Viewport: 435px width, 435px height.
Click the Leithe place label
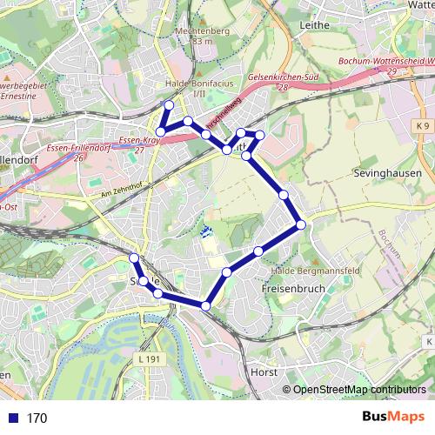314,25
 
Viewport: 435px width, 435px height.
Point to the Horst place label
263,371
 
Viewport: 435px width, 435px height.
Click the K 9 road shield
423,127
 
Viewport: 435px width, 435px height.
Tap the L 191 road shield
151,358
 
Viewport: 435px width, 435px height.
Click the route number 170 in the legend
37,418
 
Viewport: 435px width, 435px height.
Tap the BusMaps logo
391,418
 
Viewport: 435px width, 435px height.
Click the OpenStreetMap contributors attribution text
359,390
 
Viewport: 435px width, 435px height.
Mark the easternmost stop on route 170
301,224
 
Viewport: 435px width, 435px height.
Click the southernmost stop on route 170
205,304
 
